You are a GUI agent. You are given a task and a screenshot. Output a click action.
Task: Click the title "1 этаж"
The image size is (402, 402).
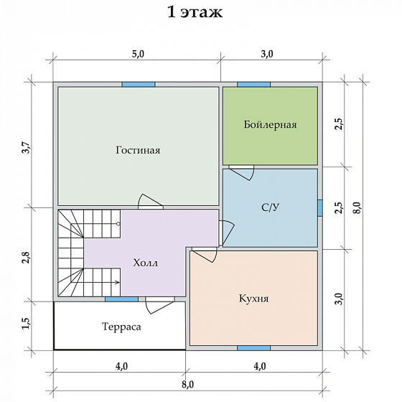pos(195,11)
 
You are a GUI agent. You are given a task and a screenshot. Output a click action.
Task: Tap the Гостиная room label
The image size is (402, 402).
pos(138,150)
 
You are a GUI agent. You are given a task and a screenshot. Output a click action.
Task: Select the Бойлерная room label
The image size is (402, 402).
pos(270,125)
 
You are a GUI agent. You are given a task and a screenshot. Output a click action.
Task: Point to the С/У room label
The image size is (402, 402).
pos(270,207)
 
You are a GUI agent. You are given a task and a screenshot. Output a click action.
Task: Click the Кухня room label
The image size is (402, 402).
pos(254,299)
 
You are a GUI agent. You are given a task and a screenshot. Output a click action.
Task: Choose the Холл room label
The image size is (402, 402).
pos(145,263)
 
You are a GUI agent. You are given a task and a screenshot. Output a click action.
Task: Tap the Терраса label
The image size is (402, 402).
pos(121,327)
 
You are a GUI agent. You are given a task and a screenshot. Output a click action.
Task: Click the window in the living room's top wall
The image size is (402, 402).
pos(139,85)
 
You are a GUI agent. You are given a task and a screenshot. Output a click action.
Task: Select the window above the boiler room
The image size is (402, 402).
pos(254,85)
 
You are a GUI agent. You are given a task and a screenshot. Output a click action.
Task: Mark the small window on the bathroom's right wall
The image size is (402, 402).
pos(320,208)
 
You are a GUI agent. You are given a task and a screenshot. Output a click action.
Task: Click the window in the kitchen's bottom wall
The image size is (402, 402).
pos(254,348)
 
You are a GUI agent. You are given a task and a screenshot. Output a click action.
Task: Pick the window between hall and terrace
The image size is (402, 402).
pos(122,299)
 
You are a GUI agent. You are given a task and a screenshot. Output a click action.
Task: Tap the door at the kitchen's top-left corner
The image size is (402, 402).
pos(205,256)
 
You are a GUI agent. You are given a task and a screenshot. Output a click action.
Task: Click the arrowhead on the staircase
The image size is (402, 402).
pos(118,283)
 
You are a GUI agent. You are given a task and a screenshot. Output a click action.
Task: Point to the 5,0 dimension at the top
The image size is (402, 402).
pos(138,54)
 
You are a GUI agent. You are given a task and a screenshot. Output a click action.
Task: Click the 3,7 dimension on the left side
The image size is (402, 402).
pos(27,148)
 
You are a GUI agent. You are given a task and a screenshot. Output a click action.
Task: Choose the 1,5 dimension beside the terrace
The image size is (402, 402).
pos(26,324)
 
